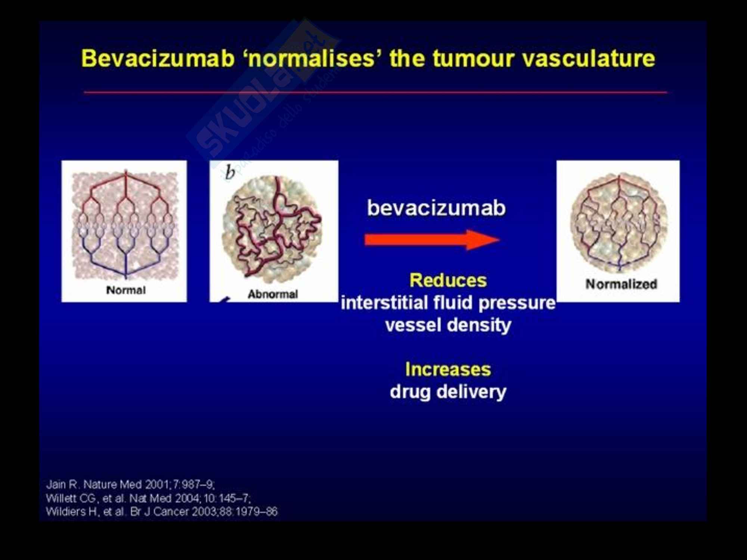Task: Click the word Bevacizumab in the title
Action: point(158,59)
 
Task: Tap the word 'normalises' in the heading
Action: point(311,59)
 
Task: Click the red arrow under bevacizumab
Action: point(432,240)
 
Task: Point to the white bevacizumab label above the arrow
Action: point(436,208)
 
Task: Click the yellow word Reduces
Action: point(448,280)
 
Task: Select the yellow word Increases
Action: point(448,369)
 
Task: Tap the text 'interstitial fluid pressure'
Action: point(448,303)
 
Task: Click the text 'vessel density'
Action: point(448,325)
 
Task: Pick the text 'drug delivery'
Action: point(448,392)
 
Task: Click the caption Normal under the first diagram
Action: point(126,290)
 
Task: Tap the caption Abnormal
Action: point(273,294)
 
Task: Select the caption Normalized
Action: point(621,284)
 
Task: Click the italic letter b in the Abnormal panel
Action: point(230,172)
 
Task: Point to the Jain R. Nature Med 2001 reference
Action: point(130,485)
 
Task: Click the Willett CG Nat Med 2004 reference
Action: point(148,498)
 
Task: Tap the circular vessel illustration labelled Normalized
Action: point(618,223)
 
